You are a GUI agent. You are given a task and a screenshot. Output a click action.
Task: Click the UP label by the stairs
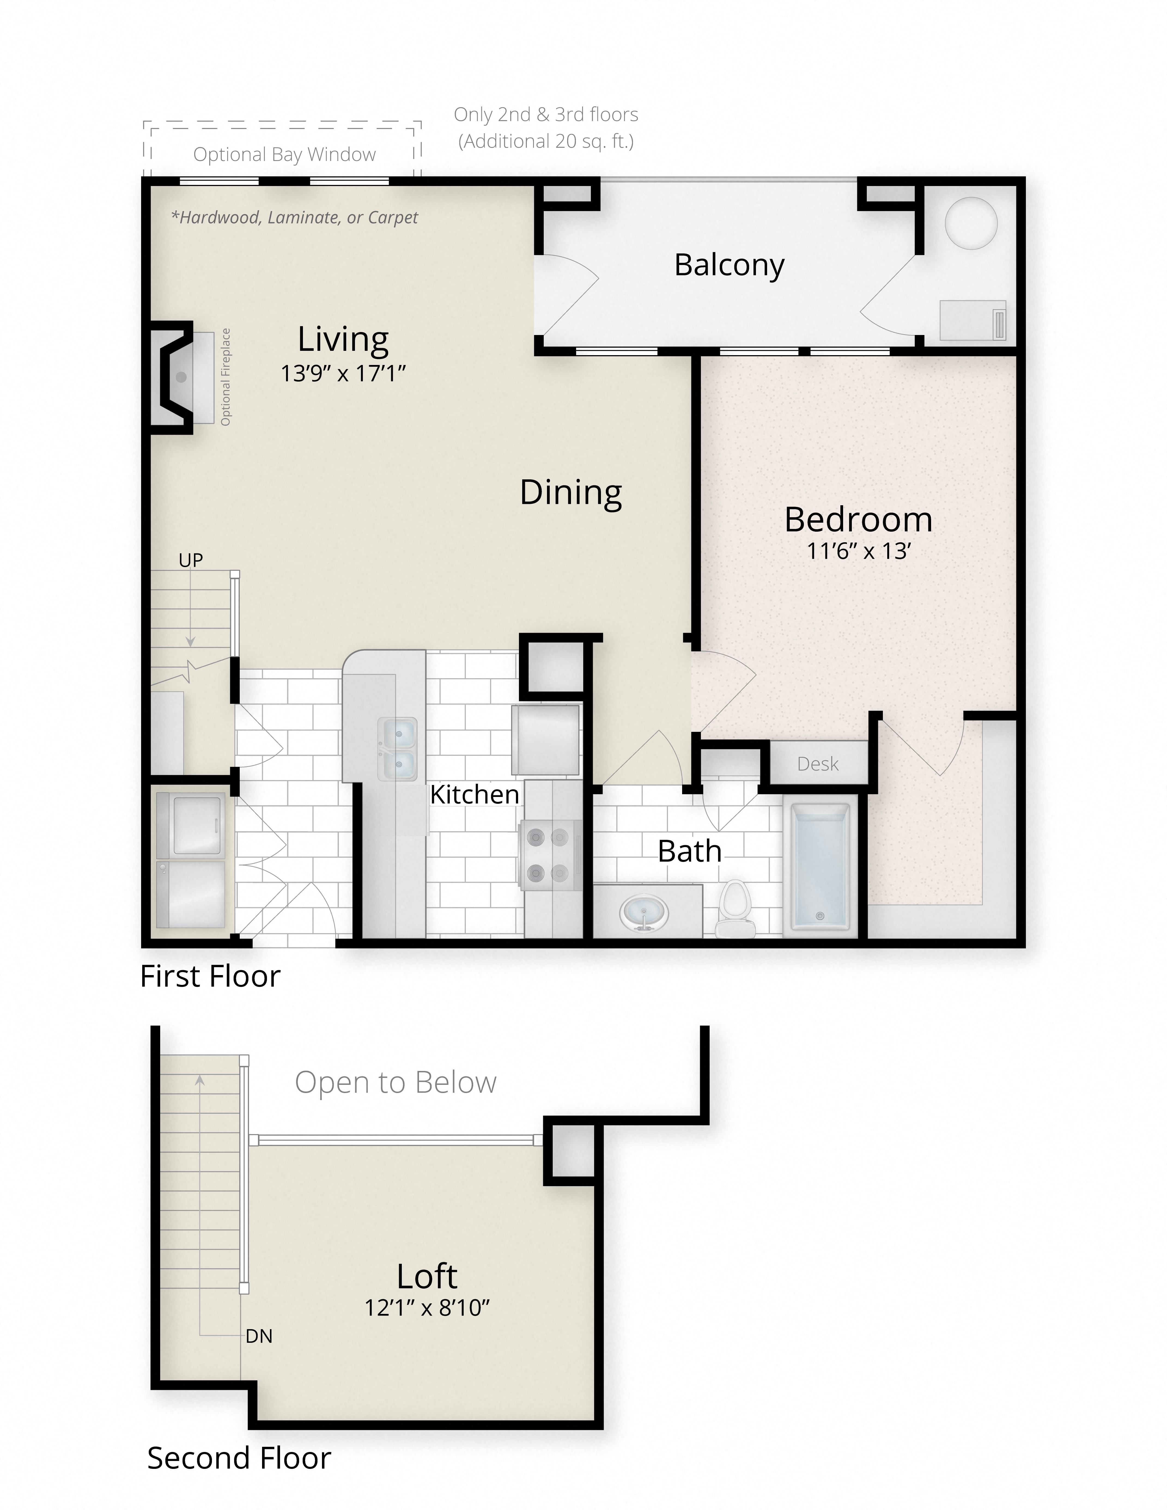pyautogui.click(x=191, y=560)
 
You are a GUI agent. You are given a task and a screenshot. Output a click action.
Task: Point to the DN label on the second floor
pyautogui.click(x=259, y=1337)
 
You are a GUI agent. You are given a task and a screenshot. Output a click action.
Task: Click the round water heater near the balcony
pyautogui.click(x=971, y=223)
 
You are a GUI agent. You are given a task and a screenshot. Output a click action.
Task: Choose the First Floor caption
pyautogui.click(x=210, y=976)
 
